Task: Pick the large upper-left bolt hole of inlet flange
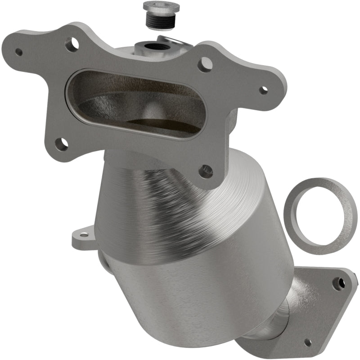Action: [71, 44]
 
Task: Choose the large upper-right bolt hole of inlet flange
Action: [205, 64]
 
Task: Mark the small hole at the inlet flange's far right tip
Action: [263, 90]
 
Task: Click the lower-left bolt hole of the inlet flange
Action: [63, 144]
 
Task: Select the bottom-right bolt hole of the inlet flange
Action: [206, 171]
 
